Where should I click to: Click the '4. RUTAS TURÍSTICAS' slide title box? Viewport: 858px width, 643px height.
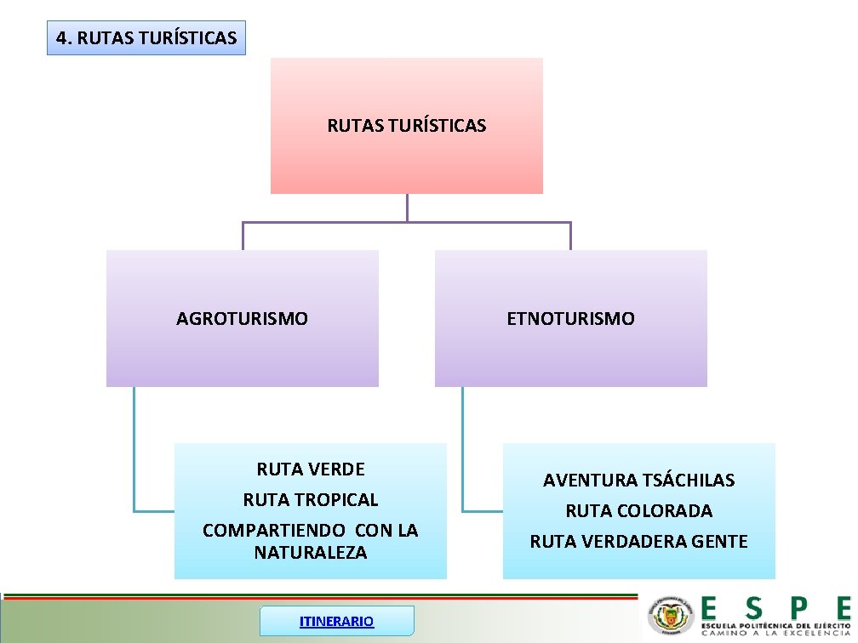coord(146,38)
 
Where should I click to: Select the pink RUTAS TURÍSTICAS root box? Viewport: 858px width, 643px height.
coord(406,126)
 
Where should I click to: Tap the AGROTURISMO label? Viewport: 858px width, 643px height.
coord(242,319)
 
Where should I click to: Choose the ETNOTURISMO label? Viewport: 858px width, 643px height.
coord(570,319)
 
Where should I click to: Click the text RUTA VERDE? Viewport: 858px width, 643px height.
coord(311,469)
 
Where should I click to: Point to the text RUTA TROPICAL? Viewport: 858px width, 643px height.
coord(311,499)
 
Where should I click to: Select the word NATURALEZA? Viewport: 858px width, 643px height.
coord(311,553)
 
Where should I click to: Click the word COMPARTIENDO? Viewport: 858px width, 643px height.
coord(276,530)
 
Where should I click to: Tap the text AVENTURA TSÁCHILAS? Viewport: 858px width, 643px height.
coord(638,480)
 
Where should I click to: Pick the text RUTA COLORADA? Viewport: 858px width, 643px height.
coord(638,510)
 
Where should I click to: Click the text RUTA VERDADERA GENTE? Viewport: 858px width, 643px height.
coord(638,541)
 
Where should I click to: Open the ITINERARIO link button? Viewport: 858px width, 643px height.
coord(336,621)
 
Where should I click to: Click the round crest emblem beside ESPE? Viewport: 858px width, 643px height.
coord(671,615)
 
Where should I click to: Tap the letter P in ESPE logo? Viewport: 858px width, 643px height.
coord(798,607)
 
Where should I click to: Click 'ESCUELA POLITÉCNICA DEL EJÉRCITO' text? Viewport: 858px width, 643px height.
coord(775,625)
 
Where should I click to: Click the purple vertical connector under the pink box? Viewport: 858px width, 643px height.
coord(407,208)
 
